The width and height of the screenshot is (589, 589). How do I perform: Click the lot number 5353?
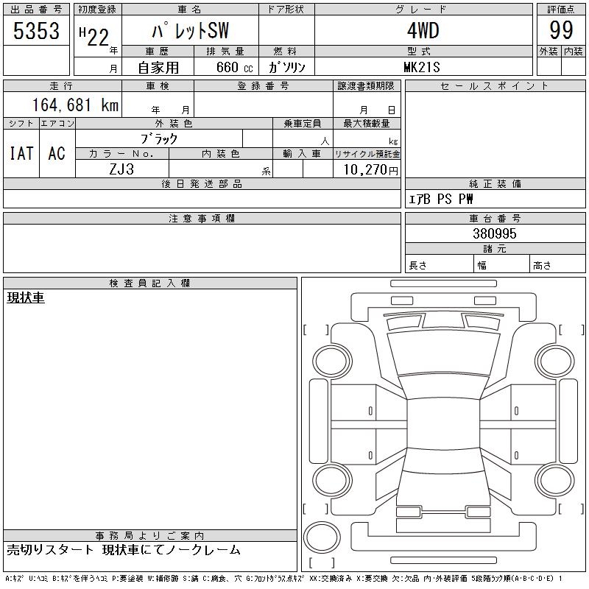point(36,30)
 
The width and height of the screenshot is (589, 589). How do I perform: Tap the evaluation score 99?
point(561,30)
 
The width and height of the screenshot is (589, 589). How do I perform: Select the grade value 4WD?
point(423,30)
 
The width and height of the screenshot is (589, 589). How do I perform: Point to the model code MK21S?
point(421,67)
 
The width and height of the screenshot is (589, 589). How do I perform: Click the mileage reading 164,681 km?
point(75,105)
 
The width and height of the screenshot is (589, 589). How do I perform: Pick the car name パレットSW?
point(190,30)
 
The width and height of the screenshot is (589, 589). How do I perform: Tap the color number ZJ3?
point(121,169)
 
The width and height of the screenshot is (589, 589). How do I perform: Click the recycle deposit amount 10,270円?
point(371,169)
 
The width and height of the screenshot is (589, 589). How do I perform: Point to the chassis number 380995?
point(495,233)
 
